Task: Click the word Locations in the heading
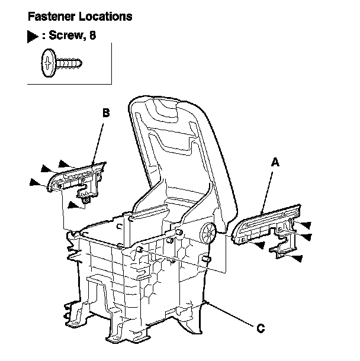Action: tap(103, 16)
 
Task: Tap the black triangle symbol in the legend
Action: tap(33, 37)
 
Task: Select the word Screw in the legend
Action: tap(66, 37)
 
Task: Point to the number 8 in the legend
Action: tap(92, 37)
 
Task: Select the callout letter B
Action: tap(105, 111)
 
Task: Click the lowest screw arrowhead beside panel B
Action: tap(73, 205)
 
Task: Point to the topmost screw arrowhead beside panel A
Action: tap(305, 225)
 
